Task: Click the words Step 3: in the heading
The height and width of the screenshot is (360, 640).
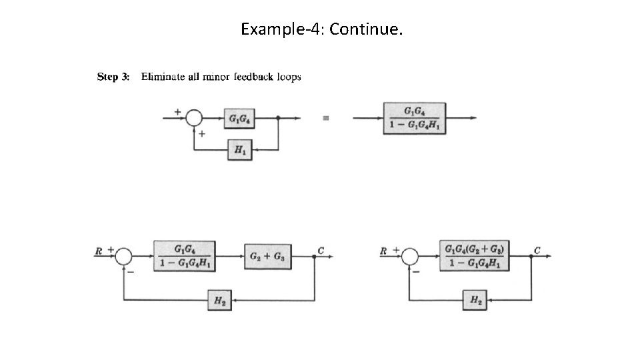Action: coord(113,77)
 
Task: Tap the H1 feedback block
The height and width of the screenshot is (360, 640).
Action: coord(239,151)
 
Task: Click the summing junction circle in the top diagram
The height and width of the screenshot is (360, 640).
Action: coord(194,119)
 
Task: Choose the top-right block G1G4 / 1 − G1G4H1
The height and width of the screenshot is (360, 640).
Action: coord(414,118)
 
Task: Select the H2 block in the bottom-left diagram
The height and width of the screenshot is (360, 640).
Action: coord(219,301)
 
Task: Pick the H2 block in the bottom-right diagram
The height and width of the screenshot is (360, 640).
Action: coord(475,301)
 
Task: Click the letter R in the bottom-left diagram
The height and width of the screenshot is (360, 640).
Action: coord(98,251)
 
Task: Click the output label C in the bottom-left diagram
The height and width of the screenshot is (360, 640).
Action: coord(321,251)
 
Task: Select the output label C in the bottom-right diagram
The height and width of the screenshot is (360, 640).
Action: coord(537,251)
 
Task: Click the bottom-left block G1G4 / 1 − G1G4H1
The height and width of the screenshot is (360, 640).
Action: coord(184,257)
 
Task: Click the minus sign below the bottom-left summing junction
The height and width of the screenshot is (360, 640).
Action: coord(131,271)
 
